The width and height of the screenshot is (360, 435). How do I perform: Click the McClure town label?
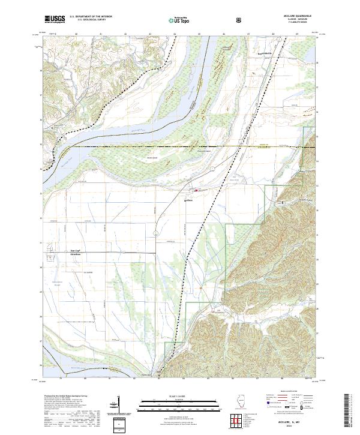(187, 202)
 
